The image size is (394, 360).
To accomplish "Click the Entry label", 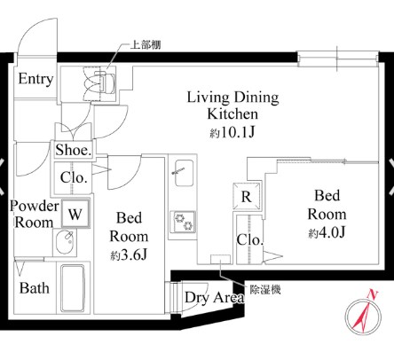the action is (35, 79).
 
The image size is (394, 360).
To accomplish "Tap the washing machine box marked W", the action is (75, 214).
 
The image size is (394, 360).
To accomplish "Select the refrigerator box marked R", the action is (247, 197).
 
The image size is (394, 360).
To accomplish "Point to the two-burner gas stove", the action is (184, 222).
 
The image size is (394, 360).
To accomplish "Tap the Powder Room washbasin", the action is (66, 242).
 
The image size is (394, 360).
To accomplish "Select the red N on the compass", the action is (373, 294).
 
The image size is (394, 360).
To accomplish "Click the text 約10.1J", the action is (232, 133).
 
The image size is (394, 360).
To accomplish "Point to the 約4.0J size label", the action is (327, 233).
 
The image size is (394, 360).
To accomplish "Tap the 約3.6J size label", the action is (129, 255).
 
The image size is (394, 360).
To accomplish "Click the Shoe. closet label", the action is (73, 150).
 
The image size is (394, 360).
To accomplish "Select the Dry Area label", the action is (215, 298).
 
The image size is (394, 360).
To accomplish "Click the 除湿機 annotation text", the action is (265, 290).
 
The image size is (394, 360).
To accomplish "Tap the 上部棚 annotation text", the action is (146, 45).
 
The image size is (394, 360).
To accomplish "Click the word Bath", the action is (35, 288).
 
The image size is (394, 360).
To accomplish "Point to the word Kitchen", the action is (232, 114).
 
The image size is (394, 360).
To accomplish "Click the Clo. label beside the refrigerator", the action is (250, 239).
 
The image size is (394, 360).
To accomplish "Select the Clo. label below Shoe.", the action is (74, 177).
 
